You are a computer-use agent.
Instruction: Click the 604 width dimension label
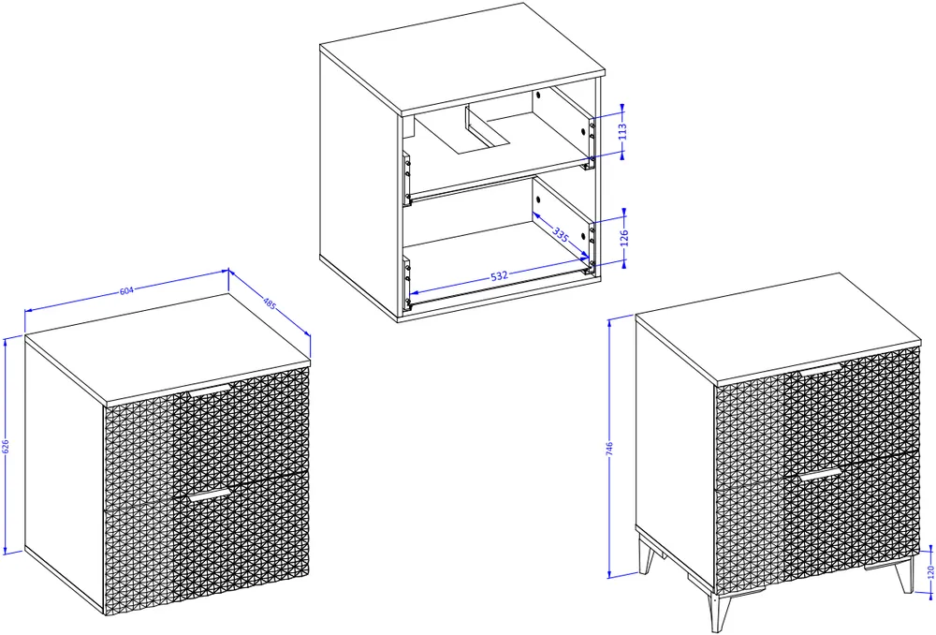pos(126,291)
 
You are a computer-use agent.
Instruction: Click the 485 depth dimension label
pos(270,303)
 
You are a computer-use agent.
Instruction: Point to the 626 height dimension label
pos(6,447)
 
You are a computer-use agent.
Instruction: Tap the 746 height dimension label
pos(609,450)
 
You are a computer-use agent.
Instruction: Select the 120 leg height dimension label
pos(930,572)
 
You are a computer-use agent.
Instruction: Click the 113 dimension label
pos(623,131)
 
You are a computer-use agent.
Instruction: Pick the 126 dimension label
pos(624,237)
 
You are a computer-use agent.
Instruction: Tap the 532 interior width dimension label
pos(499,275)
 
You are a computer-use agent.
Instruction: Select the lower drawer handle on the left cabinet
pos(210,495)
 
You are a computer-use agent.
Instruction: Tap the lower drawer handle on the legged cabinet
pos(820,474)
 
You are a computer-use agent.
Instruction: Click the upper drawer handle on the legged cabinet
pos(820,369)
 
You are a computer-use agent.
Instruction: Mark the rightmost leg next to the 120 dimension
pos(905,575)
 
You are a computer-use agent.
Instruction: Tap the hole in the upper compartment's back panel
pos(538,95)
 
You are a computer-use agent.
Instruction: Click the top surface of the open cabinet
pos(462,59)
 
